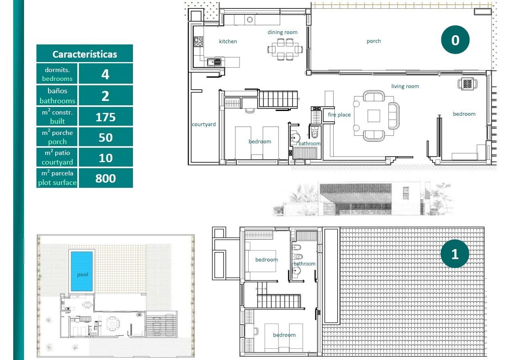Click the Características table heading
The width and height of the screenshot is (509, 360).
click(x=84, y=54)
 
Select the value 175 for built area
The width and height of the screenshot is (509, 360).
click(x=105, y=117)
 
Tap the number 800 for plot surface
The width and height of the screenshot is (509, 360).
click(x=105, y=178)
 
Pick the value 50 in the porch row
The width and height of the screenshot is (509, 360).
click(x=105, y=137)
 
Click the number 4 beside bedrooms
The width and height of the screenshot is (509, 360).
click(x=105, y=74)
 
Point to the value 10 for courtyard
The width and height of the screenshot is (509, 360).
click(x=105, y=158)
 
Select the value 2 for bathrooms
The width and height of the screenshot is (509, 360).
click(x=105, y=96)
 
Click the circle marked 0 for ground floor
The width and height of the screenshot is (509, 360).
click(x=455, y=40)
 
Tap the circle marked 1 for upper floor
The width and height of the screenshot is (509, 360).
click(x=455, y=254)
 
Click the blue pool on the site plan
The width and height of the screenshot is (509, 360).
click(x=82, y=271)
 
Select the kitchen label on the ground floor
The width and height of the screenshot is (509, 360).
click(x=228, y=41)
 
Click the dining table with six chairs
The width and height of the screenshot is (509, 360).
click(x=285, y=49)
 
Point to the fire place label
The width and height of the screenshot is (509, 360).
click(x=339, y=115)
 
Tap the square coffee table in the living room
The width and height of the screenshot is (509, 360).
click(x=374, y=116)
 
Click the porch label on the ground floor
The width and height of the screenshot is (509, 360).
click(x=374, y=41)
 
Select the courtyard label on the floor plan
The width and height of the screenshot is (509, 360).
click(x=203, y=125)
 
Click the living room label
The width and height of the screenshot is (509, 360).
click(x=405, y=86)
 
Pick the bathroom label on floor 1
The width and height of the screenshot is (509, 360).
click(x=304, y=264)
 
